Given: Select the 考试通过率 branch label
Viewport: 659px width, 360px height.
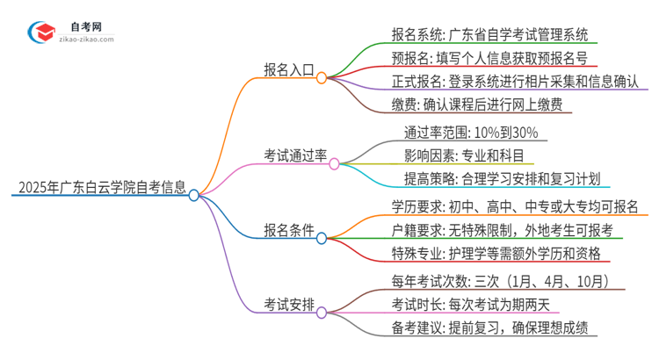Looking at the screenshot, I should (295, 155).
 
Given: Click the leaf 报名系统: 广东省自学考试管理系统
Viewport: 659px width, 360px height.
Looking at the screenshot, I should (494, 35).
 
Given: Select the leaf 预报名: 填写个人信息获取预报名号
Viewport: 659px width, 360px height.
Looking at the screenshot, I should (489, 59).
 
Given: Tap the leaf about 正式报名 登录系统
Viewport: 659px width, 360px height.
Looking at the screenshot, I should (515, 82).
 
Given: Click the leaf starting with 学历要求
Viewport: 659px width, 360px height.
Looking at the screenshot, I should (515, 207).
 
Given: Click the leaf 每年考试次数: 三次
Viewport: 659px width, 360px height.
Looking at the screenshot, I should (508, 282).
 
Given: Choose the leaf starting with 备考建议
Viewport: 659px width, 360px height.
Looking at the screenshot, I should (489, 328).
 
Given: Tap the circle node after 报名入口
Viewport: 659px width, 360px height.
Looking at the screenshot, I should (322, 77).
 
